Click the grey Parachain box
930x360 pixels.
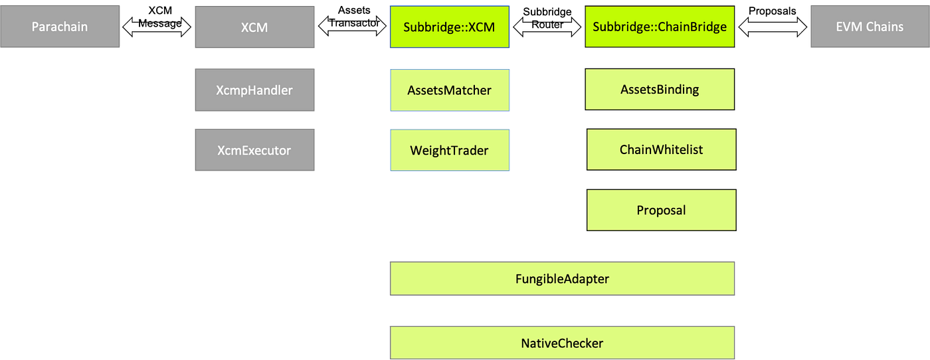(x=60, y=27)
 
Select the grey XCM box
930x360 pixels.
(x=254, y=27)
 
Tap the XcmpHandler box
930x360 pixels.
(x=254, y=90)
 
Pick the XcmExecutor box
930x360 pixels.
(x=254, y=150)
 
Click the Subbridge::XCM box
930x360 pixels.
(x=450, y=27)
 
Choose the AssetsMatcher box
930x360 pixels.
(x=450, y=90)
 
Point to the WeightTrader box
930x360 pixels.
(x=450, y=150)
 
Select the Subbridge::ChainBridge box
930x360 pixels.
(x=660, y=27)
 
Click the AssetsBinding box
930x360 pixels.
(x=660, y=89)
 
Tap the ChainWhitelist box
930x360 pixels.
(x=661, y=149)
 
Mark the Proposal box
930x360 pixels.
(x=661, y=210)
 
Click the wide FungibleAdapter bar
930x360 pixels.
(x=563, y=278)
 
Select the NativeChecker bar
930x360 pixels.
(x=563, y=343)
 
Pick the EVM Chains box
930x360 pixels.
(x=870, y=27)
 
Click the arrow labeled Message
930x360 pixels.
(x=157, y=26)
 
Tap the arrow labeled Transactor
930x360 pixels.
(x=353, y=25)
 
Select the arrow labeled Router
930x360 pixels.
(x=548, y=26)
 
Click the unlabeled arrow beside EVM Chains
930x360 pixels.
(x=771, y=27)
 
